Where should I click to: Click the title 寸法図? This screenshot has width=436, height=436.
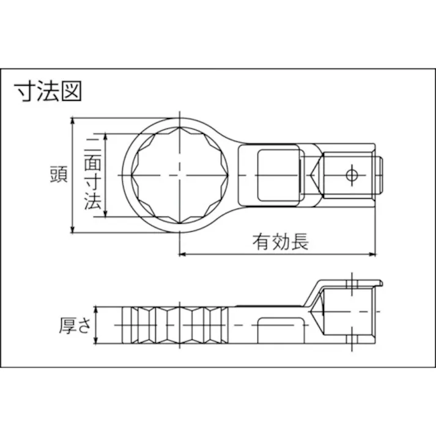48,92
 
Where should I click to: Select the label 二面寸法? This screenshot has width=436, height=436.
92,175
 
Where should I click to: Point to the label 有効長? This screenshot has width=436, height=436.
281,242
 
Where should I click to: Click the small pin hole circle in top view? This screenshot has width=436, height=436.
351,175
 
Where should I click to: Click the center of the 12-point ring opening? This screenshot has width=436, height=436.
179,176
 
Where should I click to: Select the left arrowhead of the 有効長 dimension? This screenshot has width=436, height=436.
183,253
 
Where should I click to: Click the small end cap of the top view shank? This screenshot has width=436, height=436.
379,175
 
